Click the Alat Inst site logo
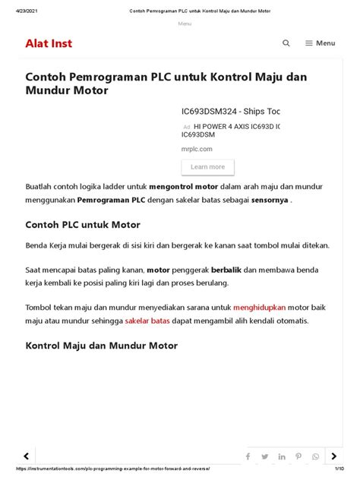pyautogui.click(x=49, y=43)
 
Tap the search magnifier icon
pyautogui.click(x=286, y=43)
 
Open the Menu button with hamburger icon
pyautogui.click(x=320, y=43)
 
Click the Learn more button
pyautogui.click(x=207, y=167)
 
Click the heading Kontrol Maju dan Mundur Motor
pyautogui.click(x=102, y=346)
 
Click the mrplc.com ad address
pyautogui.click(x=197, y=149)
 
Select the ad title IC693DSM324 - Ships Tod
pyautogui.click(x=230, y=111)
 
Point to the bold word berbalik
pyautogui.click(x=206, y=269)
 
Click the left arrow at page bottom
pyautogui.click(x=27, y=456)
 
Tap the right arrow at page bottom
pyautogui.click(x=333, y=456)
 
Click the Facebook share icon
pyautogui.click(x=248, y=456)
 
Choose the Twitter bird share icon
pyautogui.click(x=265, y=456)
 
